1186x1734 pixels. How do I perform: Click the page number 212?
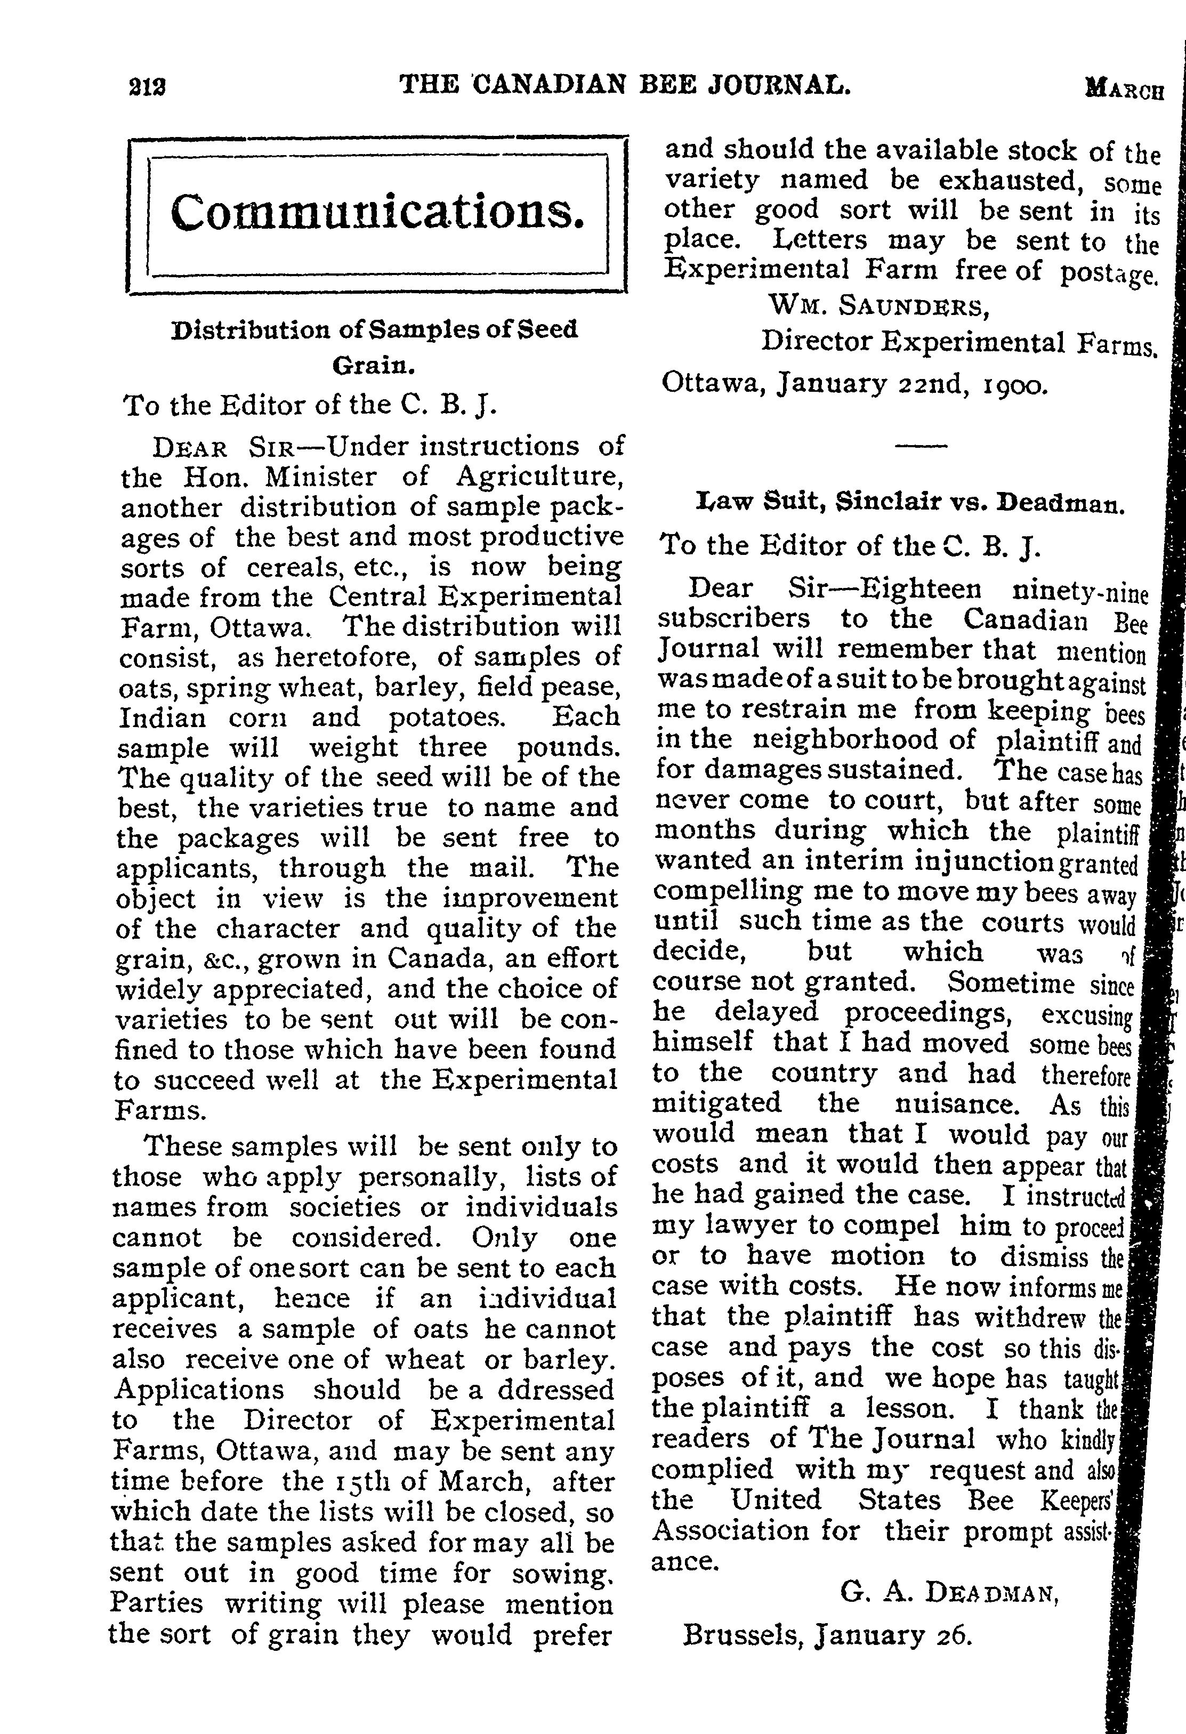pyautogui.click(x=147, y=87)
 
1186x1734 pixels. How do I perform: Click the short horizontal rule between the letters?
pyautogui.click(x=919, y=446)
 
